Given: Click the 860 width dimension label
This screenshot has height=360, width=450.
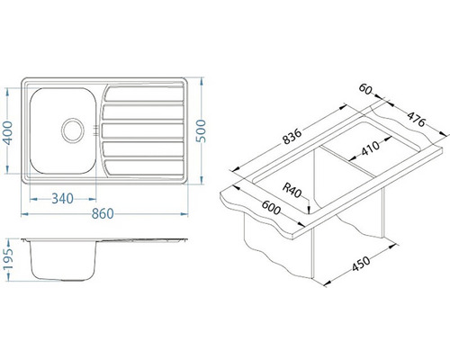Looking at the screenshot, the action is coord(103,214).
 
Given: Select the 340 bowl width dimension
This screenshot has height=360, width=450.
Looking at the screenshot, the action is coord(62,199).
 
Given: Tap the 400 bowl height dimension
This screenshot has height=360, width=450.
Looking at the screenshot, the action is coord(8,133).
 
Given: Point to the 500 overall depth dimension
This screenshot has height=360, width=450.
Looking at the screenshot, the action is coord(201,130).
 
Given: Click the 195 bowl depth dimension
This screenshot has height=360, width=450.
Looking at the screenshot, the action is coord(9,259).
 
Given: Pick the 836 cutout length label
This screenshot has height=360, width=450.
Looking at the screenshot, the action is coord(292,137).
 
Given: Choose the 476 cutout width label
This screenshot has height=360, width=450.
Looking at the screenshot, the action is coord(417,119).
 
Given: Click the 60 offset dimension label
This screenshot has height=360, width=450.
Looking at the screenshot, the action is coord(365,89).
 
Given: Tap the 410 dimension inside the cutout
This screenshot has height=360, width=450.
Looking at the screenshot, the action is coord(370,148).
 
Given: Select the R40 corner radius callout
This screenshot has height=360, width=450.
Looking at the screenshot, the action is coord(292,191).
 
